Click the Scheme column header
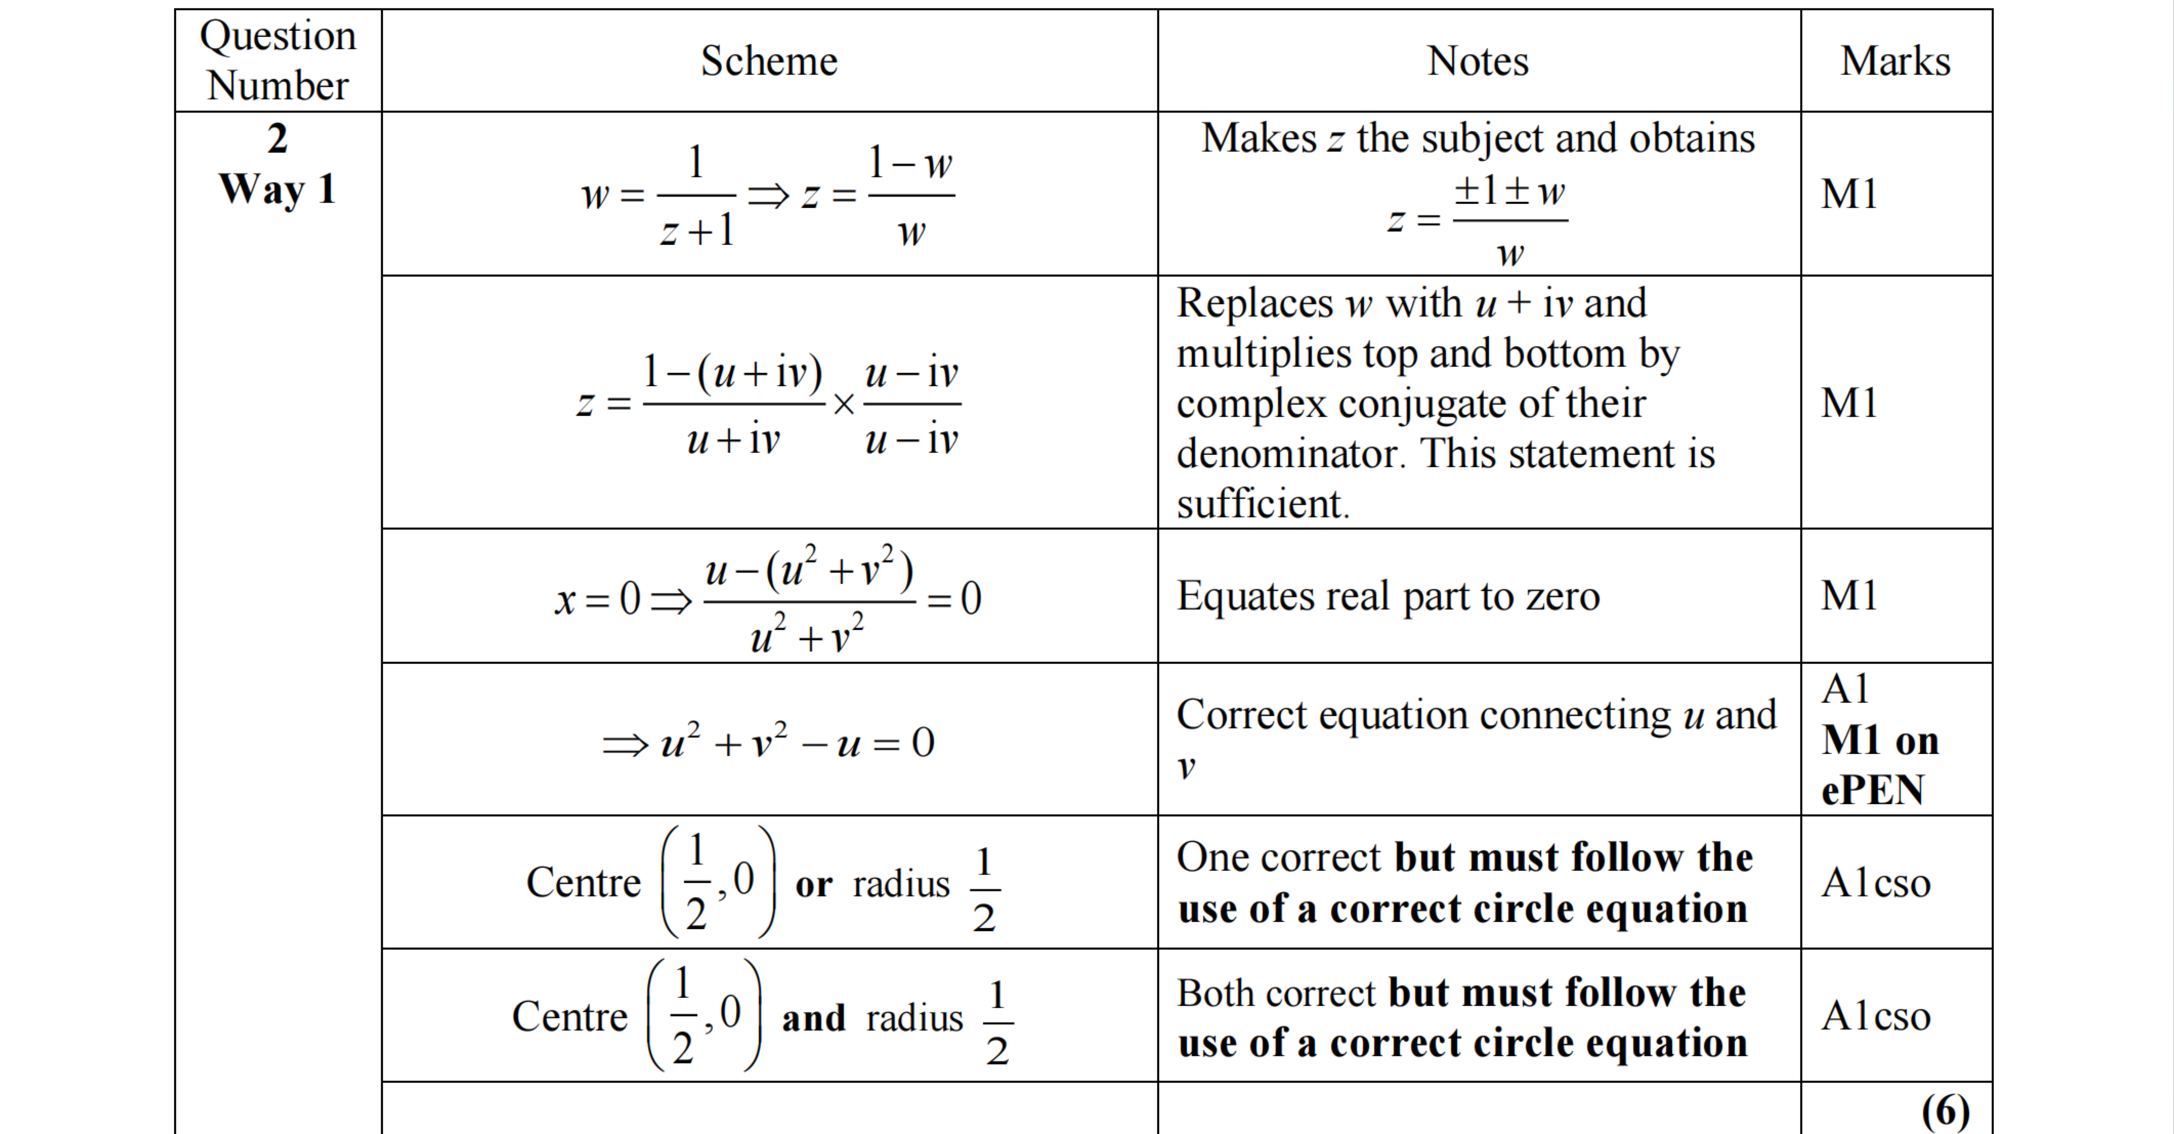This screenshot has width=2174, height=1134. pos(769,61)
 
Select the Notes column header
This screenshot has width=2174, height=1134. pos(1478,61)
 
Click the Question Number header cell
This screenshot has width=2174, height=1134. pos(278,61)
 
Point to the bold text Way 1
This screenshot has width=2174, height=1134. pos(278,188)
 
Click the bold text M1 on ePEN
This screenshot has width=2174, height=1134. pos(1880,764)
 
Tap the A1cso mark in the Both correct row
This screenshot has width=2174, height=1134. pos(1875,1015)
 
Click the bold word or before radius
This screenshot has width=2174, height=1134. pos(814,884)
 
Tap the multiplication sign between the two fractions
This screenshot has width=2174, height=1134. pos(843,405)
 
